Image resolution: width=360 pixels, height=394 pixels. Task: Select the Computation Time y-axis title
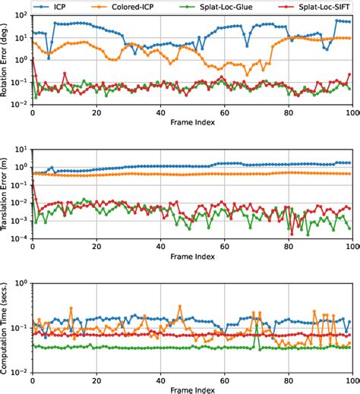click(7, 325)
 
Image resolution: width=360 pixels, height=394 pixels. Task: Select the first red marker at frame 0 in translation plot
click(33, 183)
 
